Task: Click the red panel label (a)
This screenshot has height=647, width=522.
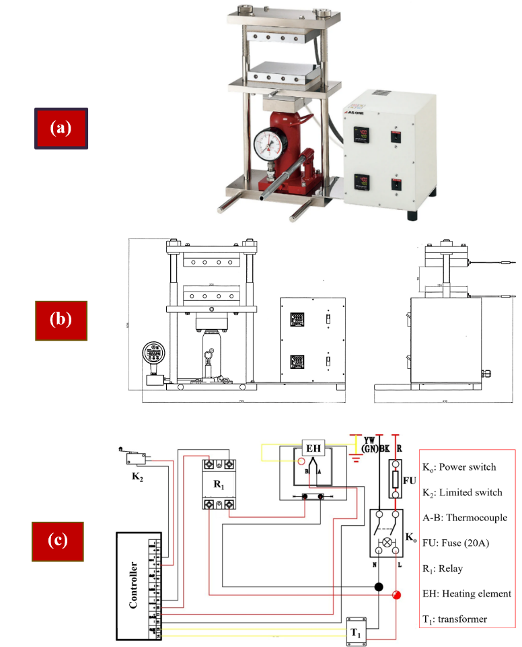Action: click(x=61, y=128)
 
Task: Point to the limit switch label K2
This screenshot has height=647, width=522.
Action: click(x=135, y=478)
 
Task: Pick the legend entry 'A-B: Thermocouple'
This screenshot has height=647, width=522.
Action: click(x=464, y=518)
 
